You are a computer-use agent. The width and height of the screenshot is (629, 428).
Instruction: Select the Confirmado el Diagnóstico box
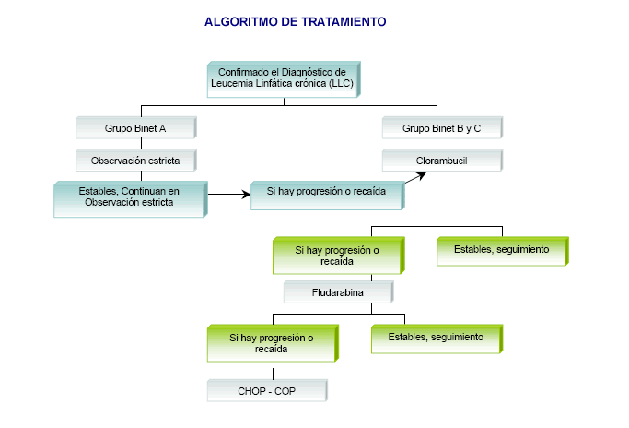tap(283, 77)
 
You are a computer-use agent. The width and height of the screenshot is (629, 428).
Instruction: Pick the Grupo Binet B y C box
tap(441, 127)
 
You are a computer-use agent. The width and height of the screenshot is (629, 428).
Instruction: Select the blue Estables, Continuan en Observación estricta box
tap(128, 197)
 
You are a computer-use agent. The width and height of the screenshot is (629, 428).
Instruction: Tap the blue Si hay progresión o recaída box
tap(327, 194)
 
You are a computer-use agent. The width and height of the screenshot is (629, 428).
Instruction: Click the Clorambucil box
tap(441, 160)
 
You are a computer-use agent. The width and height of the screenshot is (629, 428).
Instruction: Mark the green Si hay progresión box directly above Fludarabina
tap(336, 256)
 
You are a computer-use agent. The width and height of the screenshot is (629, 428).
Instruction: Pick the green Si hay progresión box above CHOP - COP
tap(272, 343)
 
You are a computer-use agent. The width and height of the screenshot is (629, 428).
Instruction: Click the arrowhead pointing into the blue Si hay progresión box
tap(246, 194)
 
